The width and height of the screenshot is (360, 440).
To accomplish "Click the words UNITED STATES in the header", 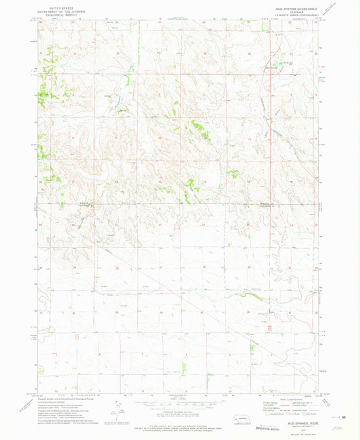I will click(60, 4).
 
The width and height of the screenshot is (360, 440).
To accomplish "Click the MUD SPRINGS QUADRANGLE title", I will click(292, 4).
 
